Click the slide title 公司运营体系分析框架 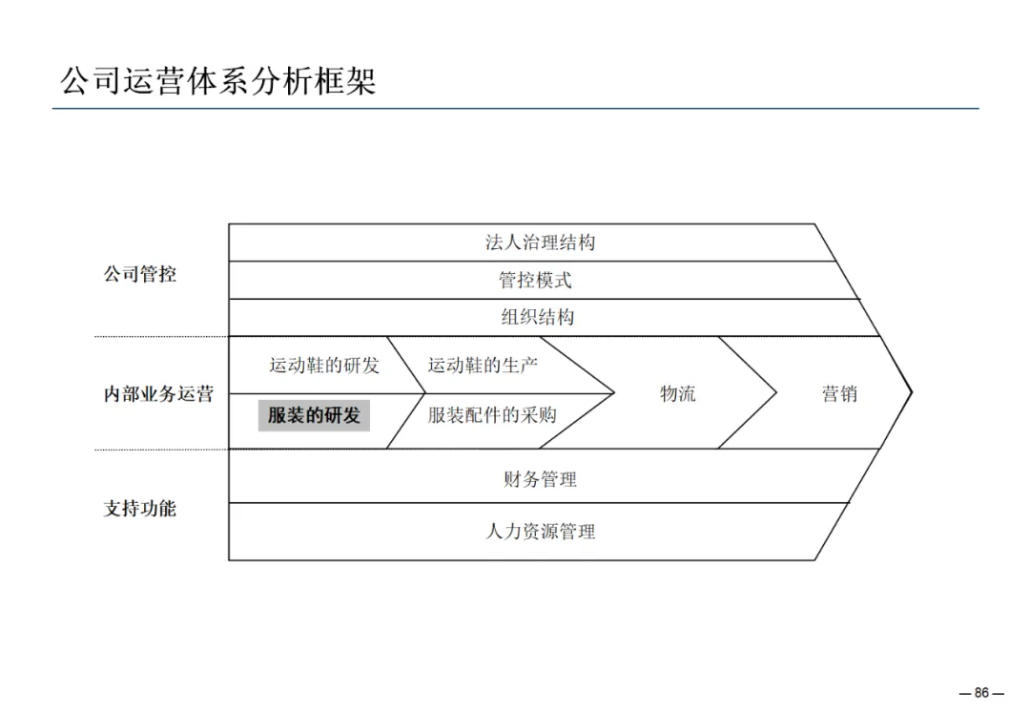tap(218, 80)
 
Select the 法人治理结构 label tap(540, 242)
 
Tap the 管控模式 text tap(535, 281)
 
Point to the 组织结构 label tap(538, 317)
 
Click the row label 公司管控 tap(140, 275)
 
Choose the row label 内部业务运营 tap(158, 393)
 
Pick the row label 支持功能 tap(140, 508)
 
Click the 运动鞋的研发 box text tap(323, 365)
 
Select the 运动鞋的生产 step tap(483, 365)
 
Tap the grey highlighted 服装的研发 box tap(314, 415)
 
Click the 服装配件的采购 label tap(492, 415)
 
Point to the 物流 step tap(678, 393)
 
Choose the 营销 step tap(839, 393)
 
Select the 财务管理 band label tap(540, 479)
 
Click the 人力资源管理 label tap(540, 532)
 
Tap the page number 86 tap(982, 693)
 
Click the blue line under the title tap(515, 109)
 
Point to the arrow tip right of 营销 tap(911, 391)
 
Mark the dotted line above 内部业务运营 tap(161, 336)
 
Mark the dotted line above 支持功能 tap(161, 449)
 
